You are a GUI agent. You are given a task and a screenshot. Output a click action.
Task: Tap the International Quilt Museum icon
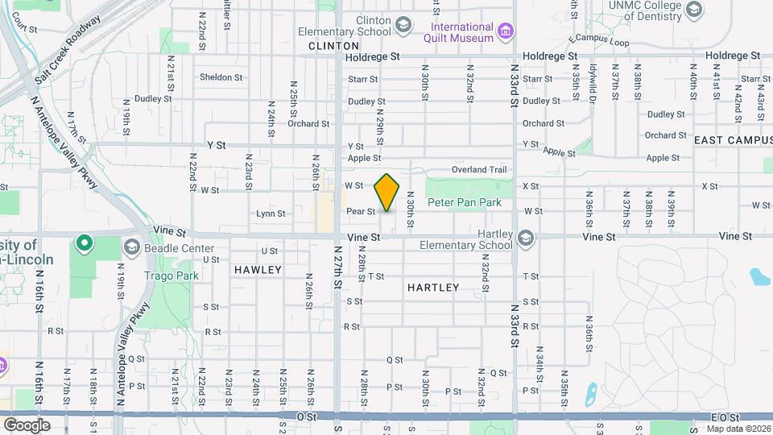tap(506, 31)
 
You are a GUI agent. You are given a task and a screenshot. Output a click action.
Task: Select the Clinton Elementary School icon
tap(400, 25)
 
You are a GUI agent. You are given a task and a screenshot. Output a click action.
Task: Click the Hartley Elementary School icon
tap(525, 238)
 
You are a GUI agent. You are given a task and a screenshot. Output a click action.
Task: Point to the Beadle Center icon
tap(132, 246)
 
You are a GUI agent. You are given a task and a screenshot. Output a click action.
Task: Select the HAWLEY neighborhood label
tap(258, 270)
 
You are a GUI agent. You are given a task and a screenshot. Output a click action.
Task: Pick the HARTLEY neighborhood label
tap(433, 287)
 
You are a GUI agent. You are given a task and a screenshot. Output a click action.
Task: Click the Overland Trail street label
tap(479, 170)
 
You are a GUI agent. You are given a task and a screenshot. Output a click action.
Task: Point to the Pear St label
tap(361, 212)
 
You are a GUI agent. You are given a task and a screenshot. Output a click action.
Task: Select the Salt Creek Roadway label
tap(68, 51)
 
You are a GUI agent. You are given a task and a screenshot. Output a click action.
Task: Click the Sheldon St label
tap(221, 77)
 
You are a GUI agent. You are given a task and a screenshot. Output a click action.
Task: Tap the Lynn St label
tap(271, 213)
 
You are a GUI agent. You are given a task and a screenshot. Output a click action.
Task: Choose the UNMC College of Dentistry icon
tap(694, 10)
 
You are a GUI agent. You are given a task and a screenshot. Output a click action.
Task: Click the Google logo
tap(27, 425)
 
